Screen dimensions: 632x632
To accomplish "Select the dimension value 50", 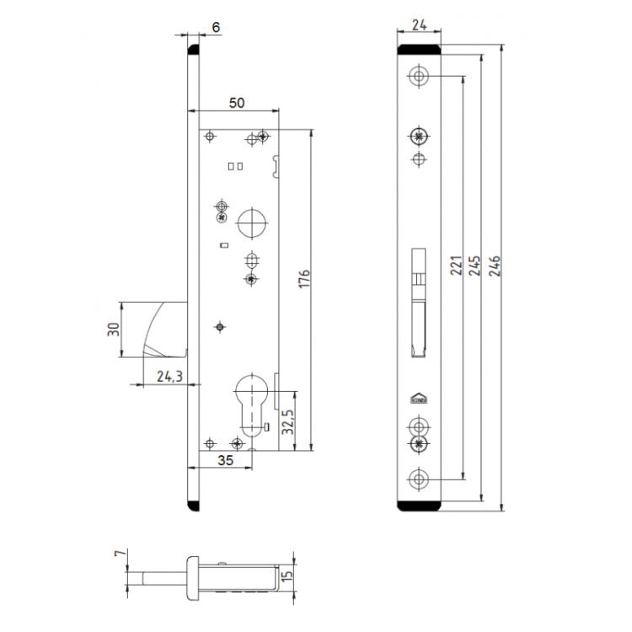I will pos(237,103).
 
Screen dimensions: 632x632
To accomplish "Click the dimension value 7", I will pos(118,558).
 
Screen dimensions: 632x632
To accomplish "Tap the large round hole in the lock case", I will pos(250,223).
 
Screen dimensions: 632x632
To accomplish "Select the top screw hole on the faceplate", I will pos(419,76).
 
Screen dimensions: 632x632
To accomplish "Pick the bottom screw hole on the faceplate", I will pos(419,479).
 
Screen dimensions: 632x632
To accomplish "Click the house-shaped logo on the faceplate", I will pos(419,401).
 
